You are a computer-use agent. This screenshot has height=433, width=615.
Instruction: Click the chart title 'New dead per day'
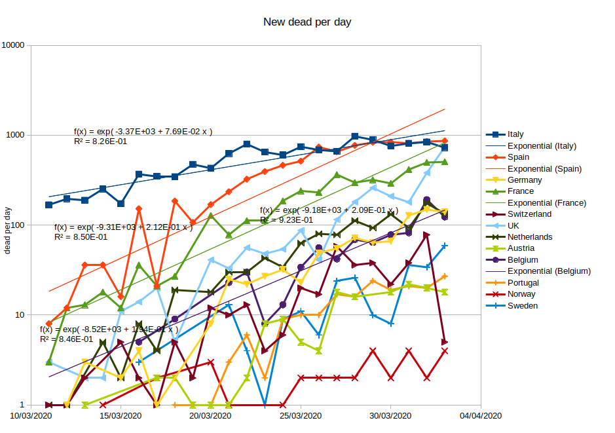(x=307, y=22)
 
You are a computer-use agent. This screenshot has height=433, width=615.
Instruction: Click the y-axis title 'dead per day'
(x=8, y=229)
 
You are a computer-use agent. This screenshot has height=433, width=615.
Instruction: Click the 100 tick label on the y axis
(x=17, y=225)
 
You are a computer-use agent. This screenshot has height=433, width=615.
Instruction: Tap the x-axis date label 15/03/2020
(x=121, y=416)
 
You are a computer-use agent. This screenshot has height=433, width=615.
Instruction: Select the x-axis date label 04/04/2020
(x=480, y=416)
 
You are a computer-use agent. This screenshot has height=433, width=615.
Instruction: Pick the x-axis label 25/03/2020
(x=301, y=416)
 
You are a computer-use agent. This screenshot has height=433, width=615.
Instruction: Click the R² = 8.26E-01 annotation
(x=101, y=141)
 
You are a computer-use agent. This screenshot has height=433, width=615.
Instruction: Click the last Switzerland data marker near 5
(x=445, y=342)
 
